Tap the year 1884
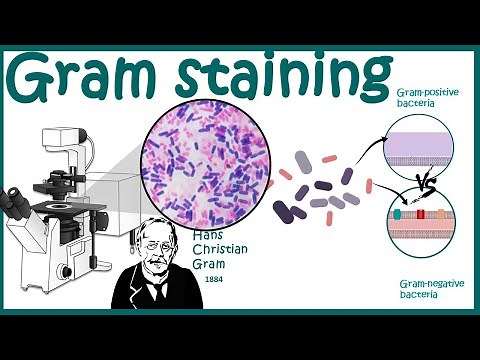[x=212, y=279]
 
